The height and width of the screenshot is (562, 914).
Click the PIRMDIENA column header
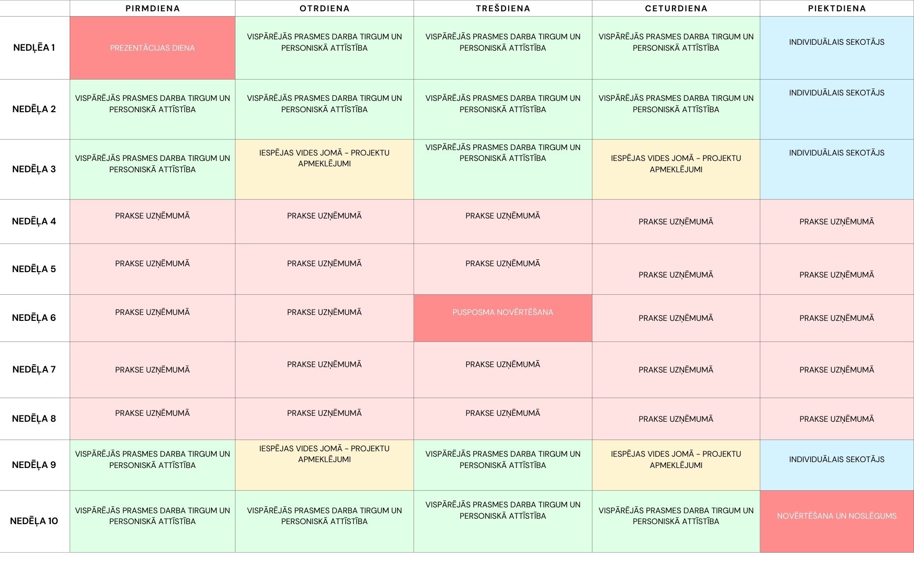coord(152,8)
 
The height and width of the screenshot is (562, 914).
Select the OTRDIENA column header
coord(324,8)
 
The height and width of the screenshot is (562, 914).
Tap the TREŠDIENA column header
coord(503,8)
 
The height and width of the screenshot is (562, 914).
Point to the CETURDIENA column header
coord(676,8)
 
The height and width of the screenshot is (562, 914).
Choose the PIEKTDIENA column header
coord(837,8)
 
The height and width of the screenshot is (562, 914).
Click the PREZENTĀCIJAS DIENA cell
coord(152,48)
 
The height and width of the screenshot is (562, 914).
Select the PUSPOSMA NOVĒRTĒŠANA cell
coord(503,318)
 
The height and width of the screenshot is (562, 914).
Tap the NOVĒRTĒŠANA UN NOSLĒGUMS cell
coord(837,521)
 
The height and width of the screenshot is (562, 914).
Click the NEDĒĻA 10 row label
coord(34,521)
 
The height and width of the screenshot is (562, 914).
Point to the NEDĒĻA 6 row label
coord(34,318)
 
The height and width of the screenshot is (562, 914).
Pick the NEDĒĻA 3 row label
coord(34,169)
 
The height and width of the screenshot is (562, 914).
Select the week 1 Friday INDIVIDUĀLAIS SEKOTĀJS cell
coord(837,48)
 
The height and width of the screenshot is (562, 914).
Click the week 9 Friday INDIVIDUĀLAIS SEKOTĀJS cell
coord(837,465)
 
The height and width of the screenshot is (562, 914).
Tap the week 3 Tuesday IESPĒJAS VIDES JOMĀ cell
coord(324,169)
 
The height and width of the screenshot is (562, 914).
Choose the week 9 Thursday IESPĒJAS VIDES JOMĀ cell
coord(676,465)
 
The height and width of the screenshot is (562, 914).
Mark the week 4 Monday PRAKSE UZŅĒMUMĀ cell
coord(152,221)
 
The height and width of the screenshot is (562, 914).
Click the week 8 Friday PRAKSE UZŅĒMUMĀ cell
coord(837,419)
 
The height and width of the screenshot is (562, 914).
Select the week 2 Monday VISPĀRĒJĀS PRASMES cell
coord(152,109)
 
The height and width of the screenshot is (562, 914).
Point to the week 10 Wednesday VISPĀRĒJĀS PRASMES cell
coord(503,521)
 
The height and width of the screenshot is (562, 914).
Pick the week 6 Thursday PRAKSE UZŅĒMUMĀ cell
coord(676,318)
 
